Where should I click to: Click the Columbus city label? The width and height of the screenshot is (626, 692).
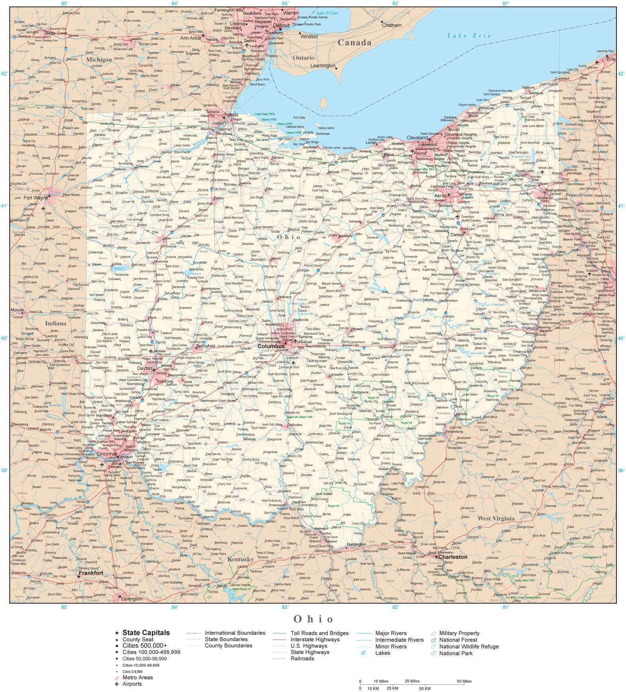[x=271, y=346]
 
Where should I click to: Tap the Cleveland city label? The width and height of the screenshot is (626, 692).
[x=417, y=137]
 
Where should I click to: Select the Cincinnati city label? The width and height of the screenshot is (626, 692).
[x=106, y=454]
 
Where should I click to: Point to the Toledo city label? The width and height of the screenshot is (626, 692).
[x=231, y=115]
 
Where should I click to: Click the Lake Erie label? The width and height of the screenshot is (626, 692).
[x=469, y=36]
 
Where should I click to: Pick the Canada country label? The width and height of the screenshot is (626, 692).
[x=354, y=42]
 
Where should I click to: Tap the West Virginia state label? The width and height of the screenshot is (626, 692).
[x=496, y=519]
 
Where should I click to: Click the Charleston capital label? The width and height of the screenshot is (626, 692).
[x=453, y=557]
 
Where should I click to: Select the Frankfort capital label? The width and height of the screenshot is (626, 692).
[x=91, y=573]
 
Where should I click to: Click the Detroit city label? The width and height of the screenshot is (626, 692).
[x=281, y=25]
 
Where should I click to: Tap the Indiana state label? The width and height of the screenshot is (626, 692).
[x=55, y=323]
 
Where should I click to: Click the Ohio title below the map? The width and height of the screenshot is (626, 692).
[x=313, y=619]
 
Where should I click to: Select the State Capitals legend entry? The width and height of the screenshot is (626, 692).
[x=146, y=633]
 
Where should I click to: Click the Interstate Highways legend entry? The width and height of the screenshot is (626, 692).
[x=315, y=639]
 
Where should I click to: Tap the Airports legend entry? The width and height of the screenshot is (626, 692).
[x=132, y=684]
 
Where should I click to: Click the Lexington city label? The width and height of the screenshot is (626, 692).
[x=132, y=599]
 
